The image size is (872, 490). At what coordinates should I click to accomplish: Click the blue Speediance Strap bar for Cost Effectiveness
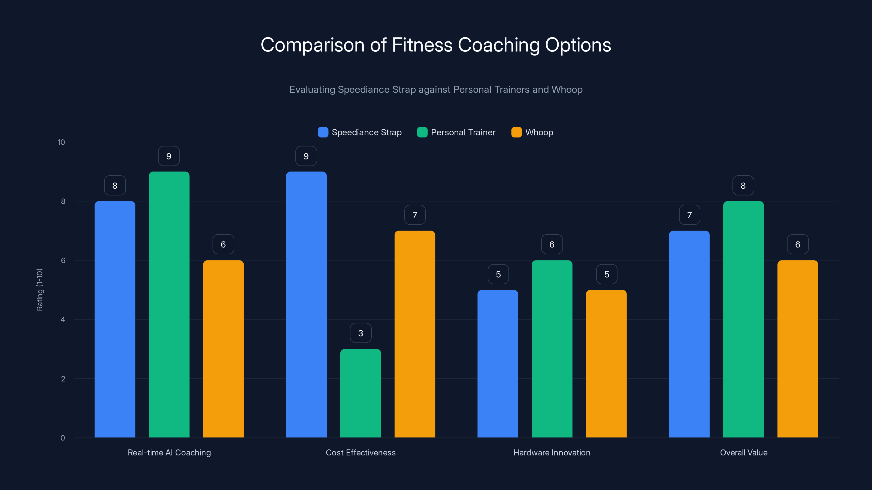306,304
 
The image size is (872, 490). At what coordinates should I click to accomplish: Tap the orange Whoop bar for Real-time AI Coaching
223,349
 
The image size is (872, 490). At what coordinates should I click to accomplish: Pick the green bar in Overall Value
743,319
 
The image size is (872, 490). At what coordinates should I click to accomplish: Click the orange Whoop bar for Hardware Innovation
606,363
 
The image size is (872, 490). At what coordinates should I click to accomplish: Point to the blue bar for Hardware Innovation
498,363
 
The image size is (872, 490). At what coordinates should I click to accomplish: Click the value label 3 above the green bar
361,333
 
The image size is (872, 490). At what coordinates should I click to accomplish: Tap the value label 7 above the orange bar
415,215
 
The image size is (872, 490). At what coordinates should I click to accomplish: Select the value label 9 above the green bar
169,156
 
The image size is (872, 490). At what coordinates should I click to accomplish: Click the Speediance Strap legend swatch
323,132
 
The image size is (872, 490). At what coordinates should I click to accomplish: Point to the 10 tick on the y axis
61,142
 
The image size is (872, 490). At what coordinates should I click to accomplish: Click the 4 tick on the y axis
63,320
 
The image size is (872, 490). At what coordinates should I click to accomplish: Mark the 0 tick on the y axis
63,438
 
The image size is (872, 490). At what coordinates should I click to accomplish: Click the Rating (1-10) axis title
40,290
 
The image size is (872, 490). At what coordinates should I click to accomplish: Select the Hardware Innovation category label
552,452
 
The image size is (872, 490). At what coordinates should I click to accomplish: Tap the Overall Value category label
744,452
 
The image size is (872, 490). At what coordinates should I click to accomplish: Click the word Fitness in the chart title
422,45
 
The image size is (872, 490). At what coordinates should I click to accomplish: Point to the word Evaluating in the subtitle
312,90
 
